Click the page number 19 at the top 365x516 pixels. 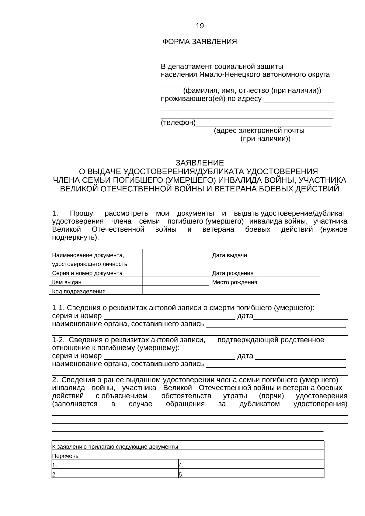click(200, 26)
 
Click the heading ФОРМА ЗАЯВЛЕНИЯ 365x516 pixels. click(200, 42)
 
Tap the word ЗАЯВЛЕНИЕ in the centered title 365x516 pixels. click(200, 163)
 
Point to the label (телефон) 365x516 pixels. click(178, 123)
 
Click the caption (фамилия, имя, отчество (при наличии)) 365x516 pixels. click(252, 91)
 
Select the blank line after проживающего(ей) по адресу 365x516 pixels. click(298, 99)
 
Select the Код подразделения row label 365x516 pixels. click(79, 291)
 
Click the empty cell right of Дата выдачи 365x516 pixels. click(290, 258)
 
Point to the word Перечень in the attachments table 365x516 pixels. click(65, 456)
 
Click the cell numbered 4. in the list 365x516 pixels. click(251, 465)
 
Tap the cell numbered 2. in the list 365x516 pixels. click(115, 474)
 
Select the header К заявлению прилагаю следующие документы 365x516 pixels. click(115, 447)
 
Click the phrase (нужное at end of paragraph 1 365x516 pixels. click(334, 230)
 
